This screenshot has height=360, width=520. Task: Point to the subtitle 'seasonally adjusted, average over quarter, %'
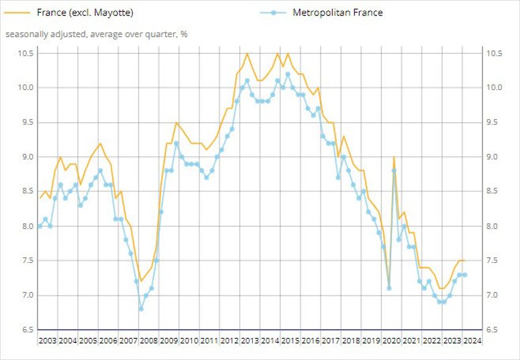coord(96,34)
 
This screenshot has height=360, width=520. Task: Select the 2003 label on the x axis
coord(48,341)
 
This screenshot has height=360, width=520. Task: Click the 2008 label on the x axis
coord(149,341)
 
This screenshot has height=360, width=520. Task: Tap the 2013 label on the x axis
coord(250,341)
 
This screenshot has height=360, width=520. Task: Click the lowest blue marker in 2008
coord(141,309)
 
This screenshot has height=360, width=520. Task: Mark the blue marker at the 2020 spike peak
coord(394,170)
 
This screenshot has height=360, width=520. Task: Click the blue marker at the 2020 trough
coord(388,288)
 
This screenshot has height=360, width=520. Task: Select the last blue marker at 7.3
coord(464,275)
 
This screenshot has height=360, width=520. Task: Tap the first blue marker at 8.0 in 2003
coord(40,226)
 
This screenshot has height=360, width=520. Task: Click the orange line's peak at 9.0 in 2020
coord(394,157)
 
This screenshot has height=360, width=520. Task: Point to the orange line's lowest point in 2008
coord(141,282)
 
